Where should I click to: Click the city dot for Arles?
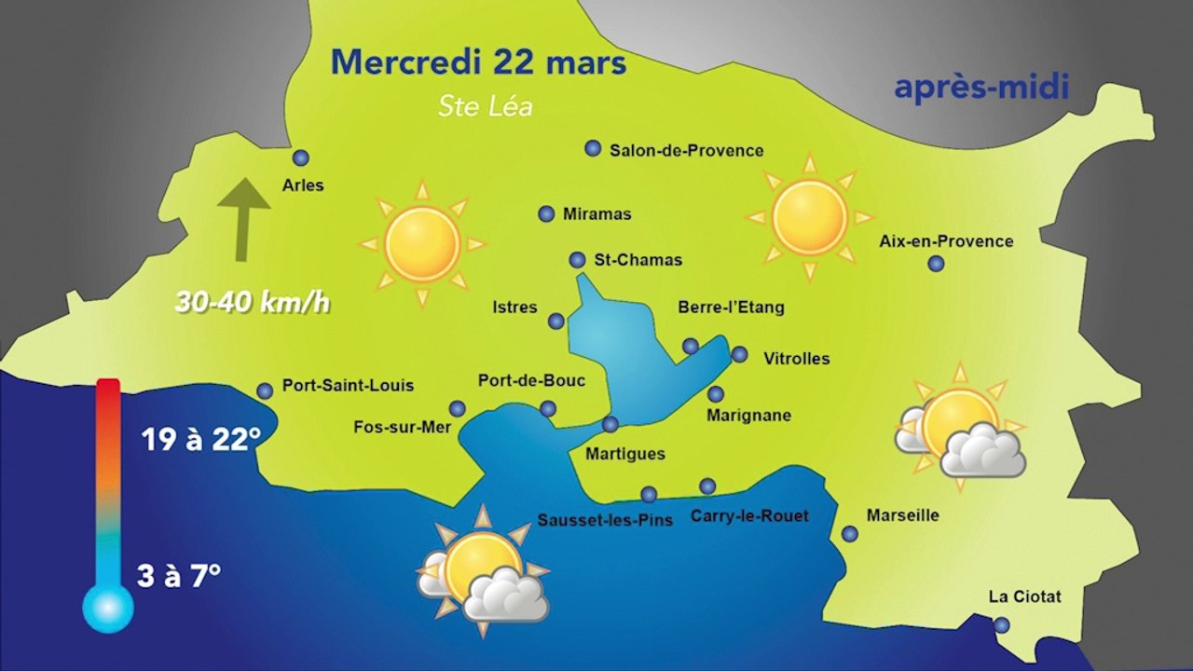pyautogui.click(x=300, y=158)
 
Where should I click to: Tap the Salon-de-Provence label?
pyautogui.click(x=686, y=150)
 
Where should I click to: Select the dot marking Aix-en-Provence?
pyautogui.click(x=936, y=264)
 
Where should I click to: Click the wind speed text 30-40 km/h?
pyautogui.click(x=253, y=303)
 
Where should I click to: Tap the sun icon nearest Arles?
pyautogui.click(x=422, y=244)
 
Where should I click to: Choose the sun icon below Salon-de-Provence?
pyautogui.click(x=809, y=218)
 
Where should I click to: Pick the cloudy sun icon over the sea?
pyautogui.click(x=483, y=571)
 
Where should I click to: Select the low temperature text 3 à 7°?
pyautogui.click(x=179, y=575)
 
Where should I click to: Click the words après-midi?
pyautogui.click(x=980, y=88)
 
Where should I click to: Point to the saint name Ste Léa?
pyautogui.click(x=486, y=107)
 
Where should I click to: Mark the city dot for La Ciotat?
pyautogui.click(x=1001, y=625)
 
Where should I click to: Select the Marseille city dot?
pyautogui.click(x=850, y=534)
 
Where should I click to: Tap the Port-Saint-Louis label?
pyautogui.click(x=348, y=385)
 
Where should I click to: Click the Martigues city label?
pyautogui.click(x=625, y=454)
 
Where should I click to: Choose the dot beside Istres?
pyautogui.click(x=556, y=322)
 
